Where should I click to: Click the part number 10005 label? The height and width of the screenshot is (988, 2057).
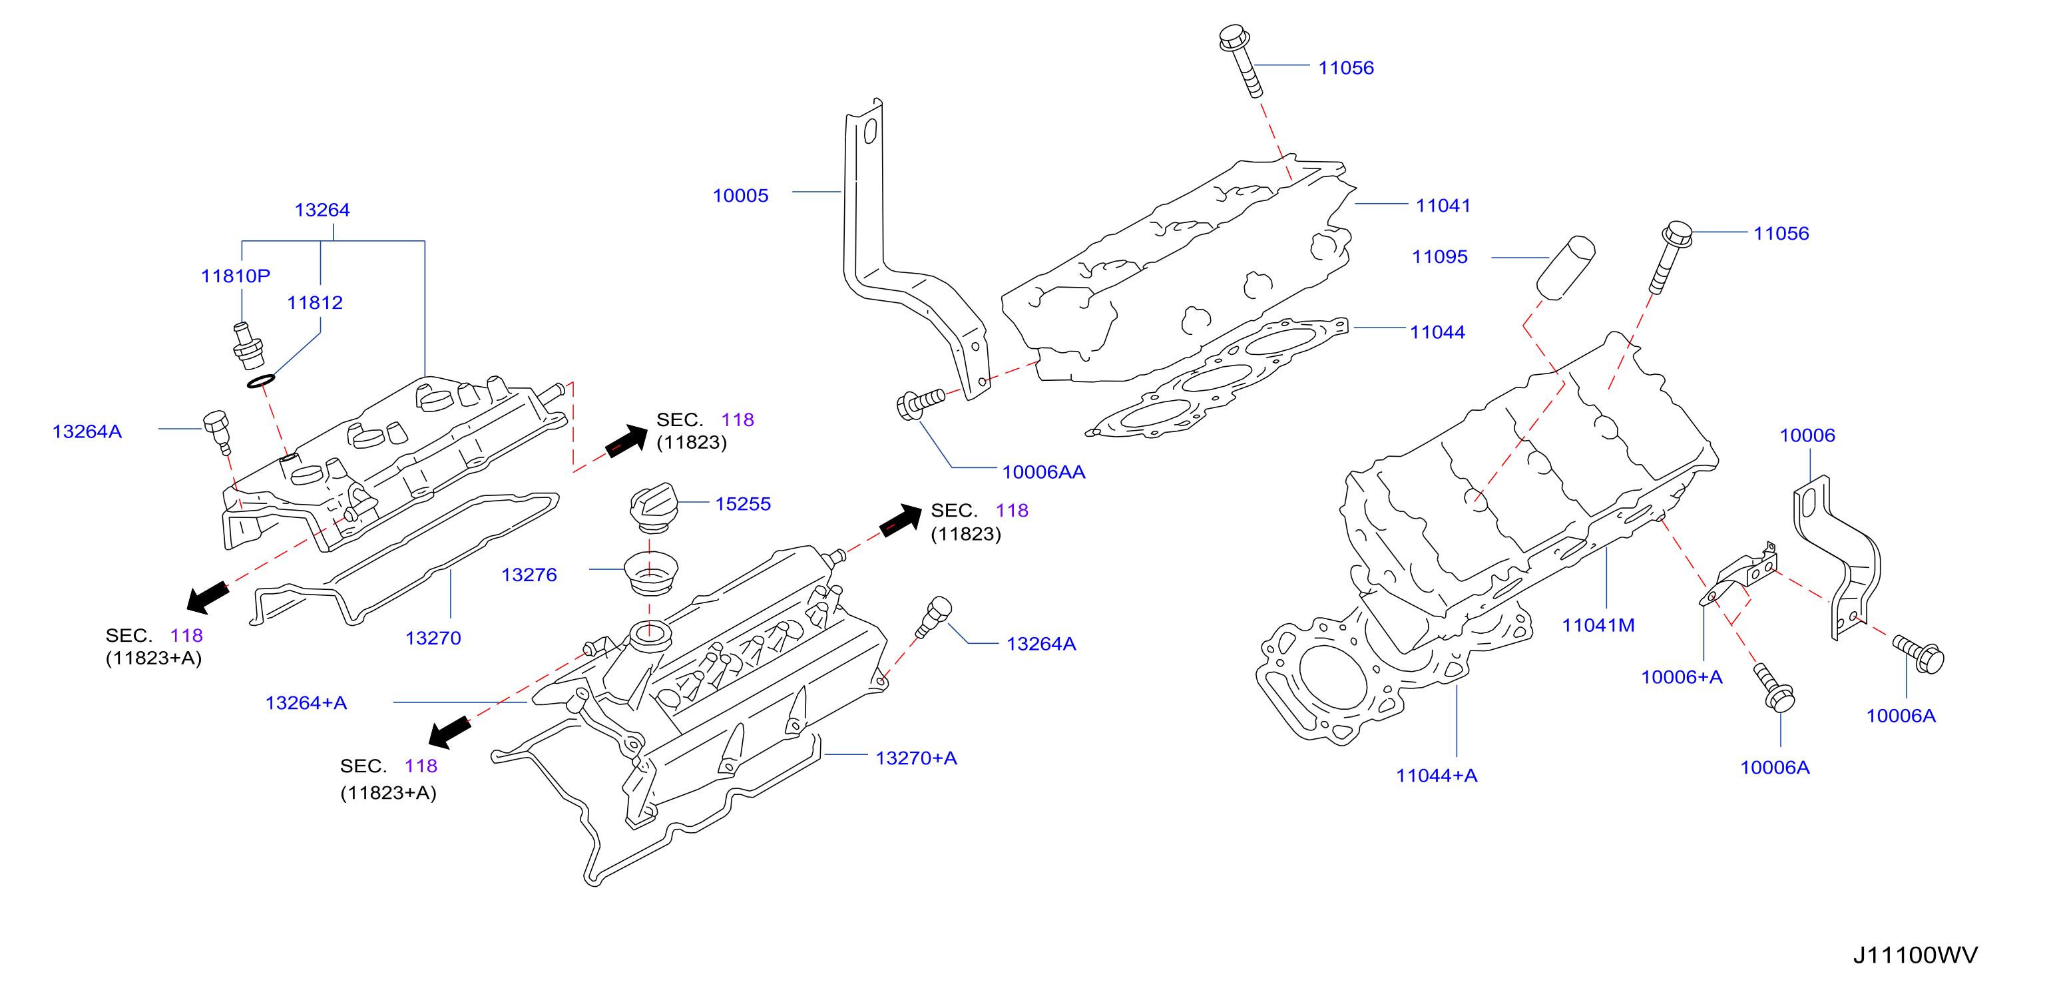tap(740, 196)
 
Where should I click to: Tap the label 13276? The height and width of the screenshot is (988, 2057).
tap(529, 575)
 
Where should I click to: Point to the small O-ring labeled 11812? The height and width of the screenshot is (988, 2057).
tap(261, 381)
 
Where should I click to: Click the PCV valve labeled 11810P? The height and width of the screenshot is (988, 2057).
tap(248, 345)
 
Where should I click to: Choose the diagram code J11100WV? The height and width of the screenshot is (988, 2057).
tap(1915, 955)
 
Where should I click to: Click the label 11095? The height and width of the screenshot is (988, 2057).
tap(1439, 257)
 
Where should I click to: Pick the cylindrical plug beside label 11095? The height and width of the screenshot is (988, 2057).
tap(1565, 268)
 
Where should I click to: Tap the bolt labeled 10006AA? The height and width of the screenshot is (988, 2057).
tap(921, 403)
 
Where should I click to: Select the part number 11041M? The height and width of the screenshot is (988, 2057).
tap(1598, 625)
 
